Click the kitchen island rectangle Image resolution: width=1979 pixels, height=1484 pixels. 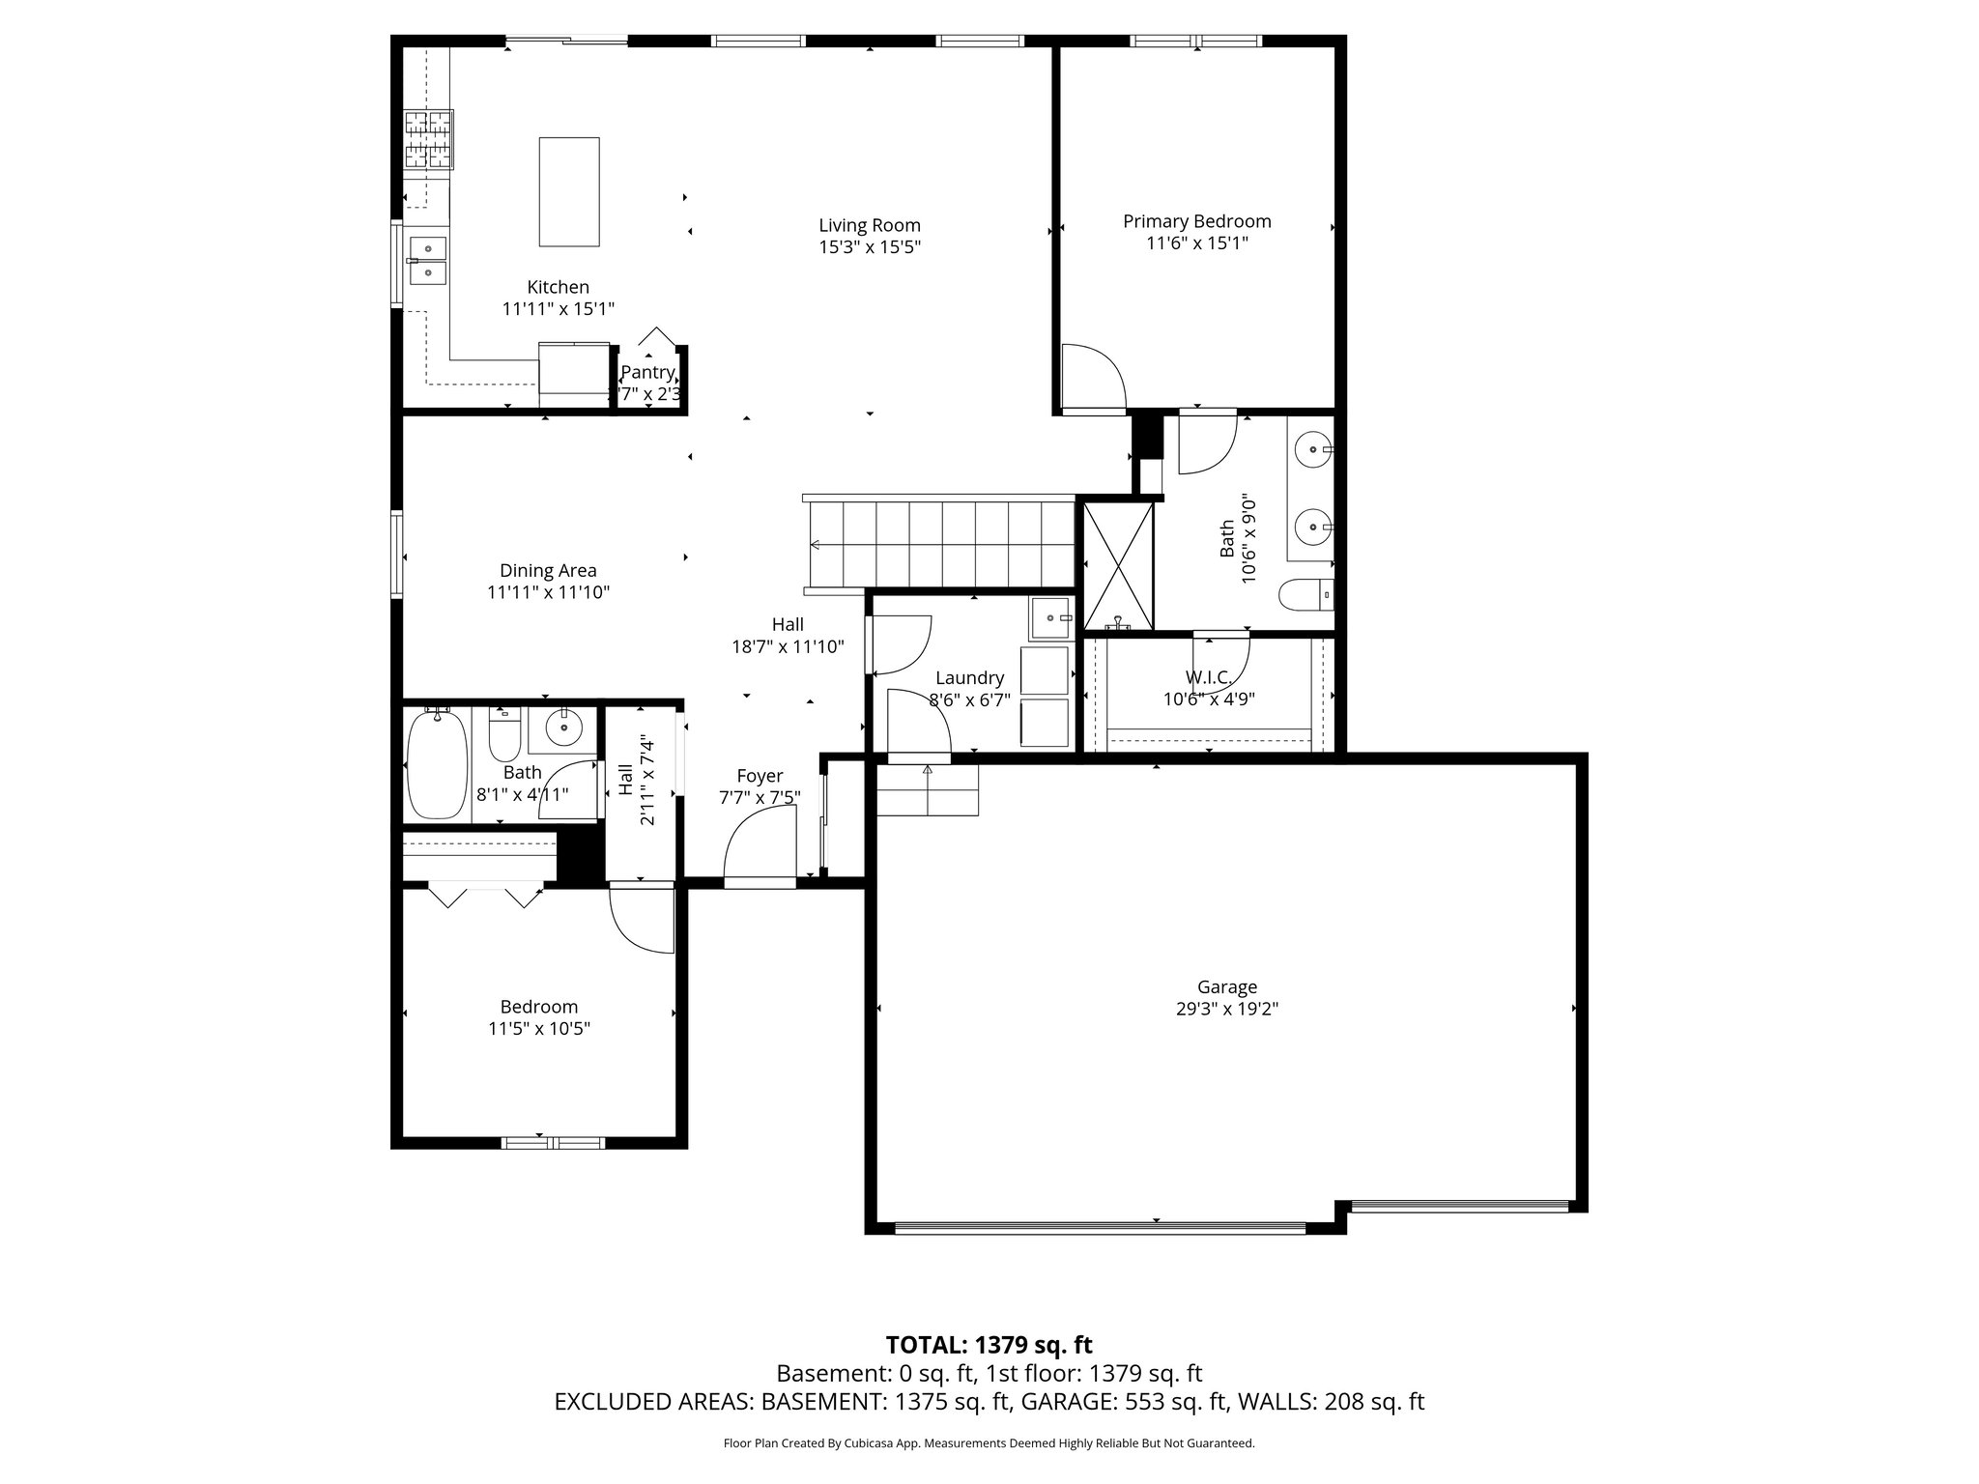tap(568, 191)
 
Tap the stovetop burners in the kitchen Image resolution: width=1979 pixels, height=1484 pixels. tap(428, 140)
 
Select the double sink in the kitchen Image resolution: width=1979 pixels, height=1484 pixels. tap(427, 261)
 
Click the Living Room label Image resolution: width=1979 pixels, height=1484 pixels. tap(870, 226)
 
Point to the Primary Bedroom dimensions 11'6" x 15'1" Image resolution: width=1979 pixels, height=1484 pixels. tap(1196, 243)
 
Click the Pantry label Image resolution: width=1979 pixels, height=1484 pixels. tap(647, 373)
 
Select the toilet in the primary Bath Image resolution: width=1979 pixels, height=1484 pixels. tap(1307, 594)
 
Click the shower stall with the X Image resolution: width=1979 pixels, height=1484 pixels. tap(1118, 565)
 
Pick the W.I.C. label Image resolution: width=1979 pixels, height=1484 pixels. tap(1208, 678)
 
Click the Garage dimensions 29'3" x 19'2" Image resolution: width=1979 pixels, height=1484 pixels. tap(1227, 1009)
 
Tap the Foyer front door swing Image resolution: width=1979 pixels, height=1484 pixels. tap(760, 845)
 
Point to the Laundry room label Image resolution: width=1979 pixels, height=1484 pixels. tap(969, 678)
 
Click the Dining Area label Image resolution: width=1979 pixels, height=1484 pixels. tap(548, 571)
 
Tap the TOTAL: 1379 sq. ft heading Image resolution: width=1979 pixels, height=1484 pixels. tap(989, 1345)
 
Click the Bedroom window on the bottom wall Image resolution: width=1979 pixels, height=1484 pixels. tap(553, 1143)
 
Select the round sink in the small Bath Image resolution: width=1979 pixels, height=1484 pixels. tap(562, 727)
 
